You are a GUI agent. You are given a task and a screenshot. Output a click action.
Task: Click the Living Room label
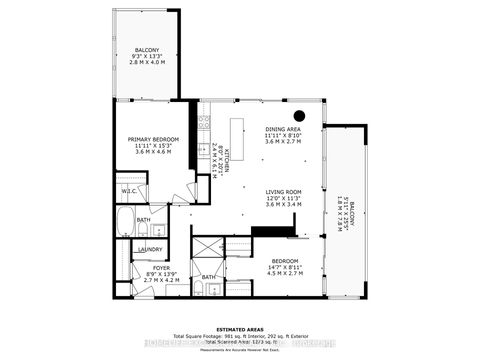pos(283,191)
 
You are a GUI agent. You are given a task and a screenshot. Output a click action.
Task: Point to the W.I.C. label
pos(129,190)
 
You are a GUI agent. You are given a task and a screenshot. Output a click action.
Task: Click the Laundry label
pos(150,249)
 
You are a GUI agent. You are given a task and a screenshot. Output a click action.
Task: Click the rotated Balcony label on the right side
pos(345,211)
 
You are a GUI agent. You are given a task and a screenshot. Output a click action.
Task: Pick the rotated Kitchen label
pos(226,157)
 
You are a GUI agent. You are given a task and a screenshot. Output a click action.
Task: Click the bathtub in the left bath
pos(124,223)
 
